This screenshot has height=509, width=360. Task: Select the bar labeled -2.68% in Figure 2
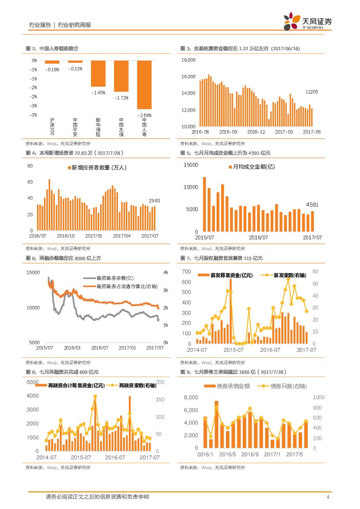144,84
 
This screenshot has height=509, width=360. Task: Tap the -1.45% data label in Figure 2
98,93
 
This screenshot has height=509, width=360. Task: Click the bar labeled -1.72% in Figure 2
121,76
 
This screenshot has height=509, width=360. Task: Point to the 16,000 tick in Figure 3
189,77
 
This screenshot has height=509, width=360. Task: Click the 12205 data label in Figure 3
312,92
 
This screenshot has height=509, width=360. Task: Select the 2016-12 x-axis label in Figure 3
256,132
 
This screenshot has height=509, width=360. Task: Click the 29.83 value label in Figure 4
155,201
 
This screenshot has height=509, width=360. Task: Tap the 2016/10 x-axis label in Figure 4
66,236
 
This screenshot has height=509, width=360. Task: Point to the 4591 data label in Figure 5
312,204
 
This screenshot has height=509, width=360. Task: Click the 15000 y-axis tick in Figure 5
191,165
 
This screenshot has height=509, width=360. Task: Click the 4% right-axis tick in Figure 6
165,273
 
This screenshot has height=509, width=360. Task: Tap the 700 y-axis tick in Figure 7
186,272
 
